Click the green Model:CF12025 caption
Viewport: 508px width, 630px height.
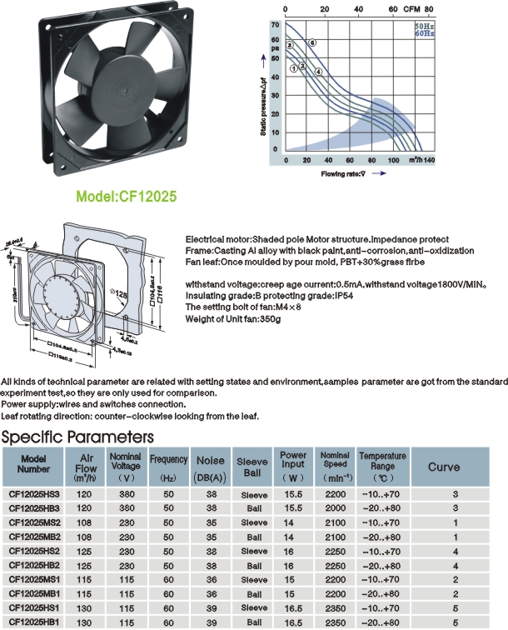127,198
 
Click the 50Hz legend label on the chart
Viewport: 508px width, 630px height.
424,28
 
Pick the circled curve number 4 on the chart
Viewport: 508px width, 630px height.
318,72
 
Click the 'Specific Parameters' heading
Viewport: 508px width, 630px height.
77,437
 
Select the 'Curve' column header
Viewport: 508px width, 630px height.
444,467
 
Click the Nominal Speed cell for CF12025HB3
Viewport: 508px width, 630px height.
335,508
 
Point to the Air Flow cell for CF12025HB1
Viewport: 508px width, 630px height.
84,622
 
